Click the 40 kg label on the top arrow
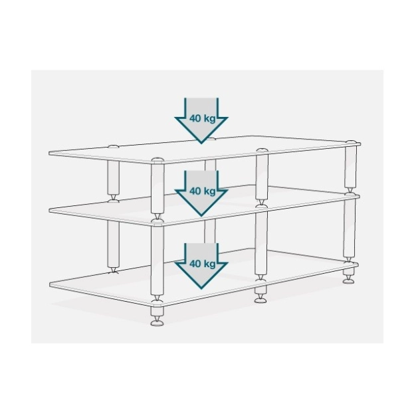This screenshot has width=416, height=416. pos(203,118)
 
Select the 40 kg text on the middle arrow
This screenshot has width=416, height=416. pos(203,191)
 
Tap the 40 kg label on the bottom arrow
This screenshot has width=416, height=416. pos(203,264)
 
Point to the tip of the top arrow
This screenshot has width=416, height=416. pos(201,144)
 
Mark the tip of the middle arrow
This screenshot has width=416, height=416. pos(201,216)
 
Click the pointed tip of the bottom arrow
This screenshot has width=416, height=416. pos(201,288)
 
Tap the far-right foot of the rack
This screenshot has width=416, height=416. pos(350,276)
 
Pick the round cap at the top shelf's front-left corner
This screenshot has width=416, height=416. pos(157,159)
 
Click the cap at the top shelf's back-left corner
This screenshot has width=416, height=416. pos(113,146)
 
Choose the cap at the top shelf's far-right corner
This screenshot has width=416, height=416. pos(352,142)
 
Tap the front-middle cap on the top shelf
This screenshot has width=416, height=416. pos(262,150)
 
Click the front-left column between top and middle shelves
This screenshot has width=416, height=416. pos(157,188)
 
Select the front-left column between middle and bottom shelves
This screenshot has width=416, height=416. pos(157,260)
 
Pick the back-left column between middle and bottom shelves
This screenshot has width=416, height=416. pos(113,244)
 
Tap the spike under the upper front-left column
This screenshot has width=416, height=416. pos(157,217)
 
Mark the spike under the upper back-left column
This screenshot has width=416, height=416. pos(113,197)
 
